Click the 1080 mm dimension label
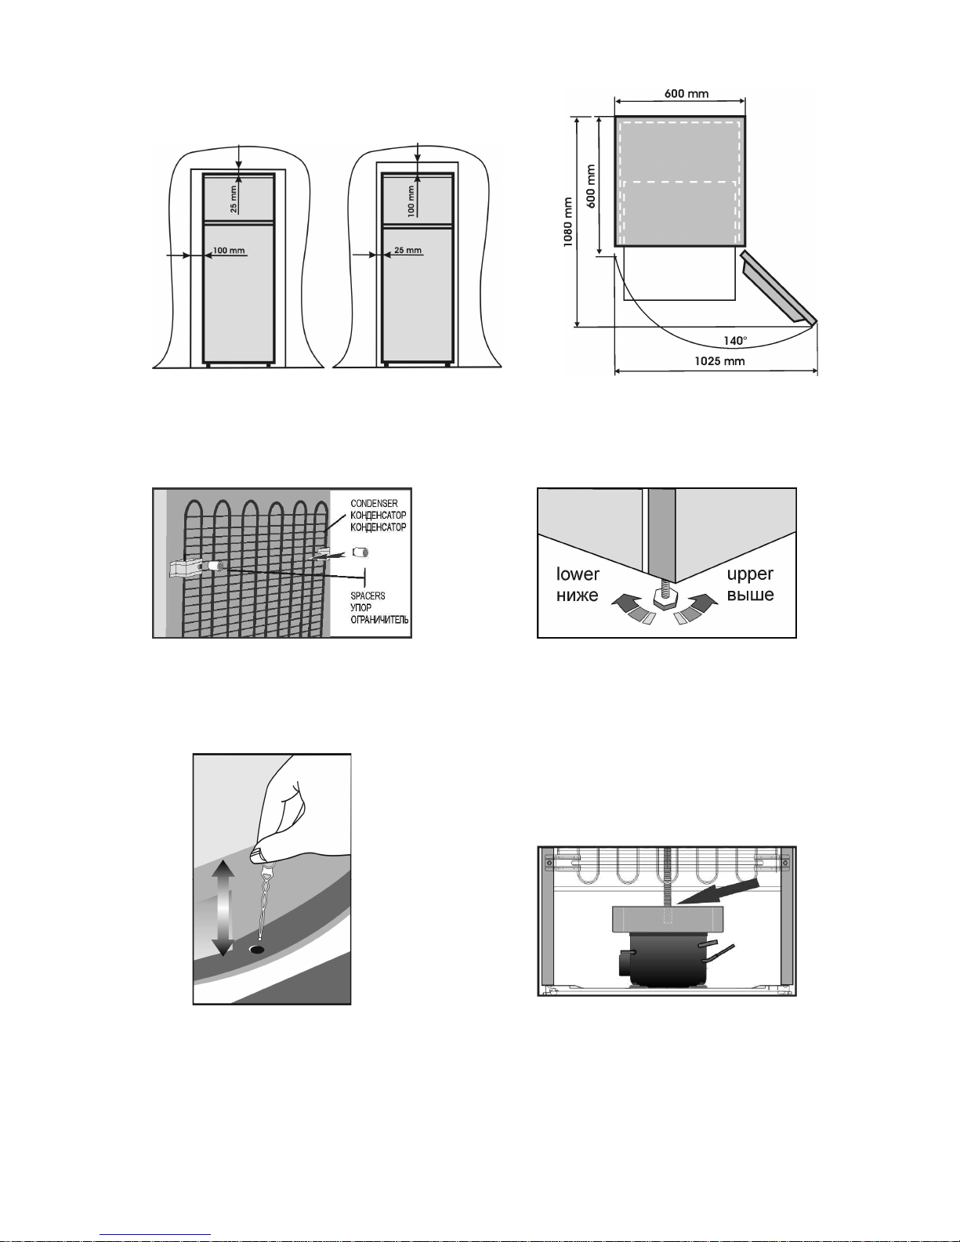568,222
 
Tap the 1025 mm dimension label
719,361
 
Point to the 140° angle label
735,341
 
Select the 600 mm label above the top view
686,94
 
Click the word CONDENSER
374,504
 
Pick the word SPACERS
368,596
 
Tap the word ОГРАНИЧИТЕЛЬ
379,620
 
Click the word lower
578,574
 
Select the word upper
750,574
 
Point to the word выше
750,595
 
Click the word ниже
578,595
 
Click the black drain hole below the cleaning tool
256,949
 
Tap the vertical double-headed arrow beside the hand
223,907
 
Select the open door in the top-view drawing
778,288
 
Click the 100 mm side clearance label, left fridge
229,252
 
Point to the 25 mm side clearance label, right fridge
408,251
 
